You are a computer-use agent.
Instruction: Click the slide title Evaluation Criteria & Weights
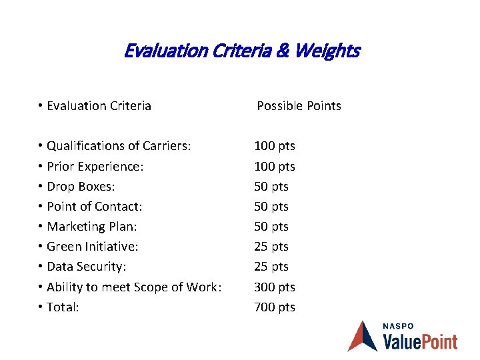click(241, 51)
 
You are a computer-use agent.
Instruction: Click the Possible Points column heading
click(299, 106)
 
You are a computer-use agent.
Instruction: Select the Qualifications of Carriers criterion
click(119, 146)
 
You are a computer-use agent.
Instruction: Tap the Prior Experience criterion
click(95, 166)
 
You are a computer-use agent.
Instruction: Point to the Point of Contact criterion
click(94, 207)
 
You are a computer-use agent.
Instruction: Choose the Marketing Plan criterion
click(91, 227)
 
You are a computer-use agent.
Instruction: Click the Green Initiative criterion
click(92, 247)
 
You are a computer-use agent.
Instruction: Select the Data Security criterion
click(86, 267)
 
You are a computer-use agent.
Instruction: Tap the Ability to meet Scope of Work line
click(133, 287)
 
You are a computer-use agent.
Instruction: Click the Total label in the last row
click(63, 307)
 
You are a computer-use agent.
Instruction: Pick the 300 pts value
click(275, 287)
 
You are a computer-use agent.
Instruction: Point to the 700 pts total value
click(275, 307)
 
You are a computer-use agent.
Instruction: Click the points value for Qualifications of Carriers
click(275, 146)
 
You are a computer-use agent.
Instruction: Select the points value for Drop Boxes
click(271, 186)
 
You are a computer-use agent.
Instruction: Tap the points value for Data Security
click(271, 267)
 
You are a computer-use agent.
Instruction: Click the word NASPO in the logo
click(398, 326)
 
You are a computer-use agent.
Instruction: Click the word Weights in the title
click(328, 51)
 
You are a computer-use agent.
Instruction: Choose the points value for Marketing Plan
click(271, 227)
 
